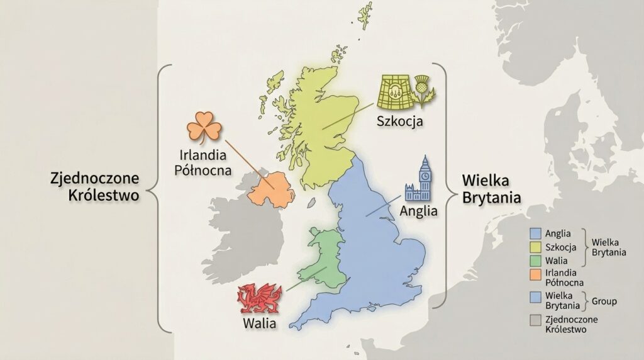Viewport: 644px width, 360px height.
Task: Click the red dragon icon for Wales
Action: pyautogui.click(x=258, y=298)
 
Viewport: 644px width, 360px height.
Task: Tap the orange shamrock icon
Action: pyautogui.click(x=204, y=127)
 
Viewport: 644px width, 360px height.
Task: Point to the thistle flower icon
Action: pyautogui.click(x=425, y=94)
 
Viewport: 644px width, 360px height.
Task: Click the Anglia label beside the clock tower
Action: pyautogui.click(x=418, y=211)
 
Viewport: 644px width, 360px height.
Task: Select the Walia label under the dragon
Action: pyautogui.click(x=258, y=323)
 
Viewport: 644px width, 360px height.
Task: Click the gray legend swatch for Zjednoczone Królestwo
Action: pyautogui.click(x=536, y=319)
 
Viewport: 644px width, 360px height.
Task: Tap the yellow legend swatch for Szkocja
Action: pyautogui.click(x=536, y=246)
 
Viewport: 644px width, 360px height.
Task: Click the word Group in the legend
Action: pyautogui.click(x=604, y=301)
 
